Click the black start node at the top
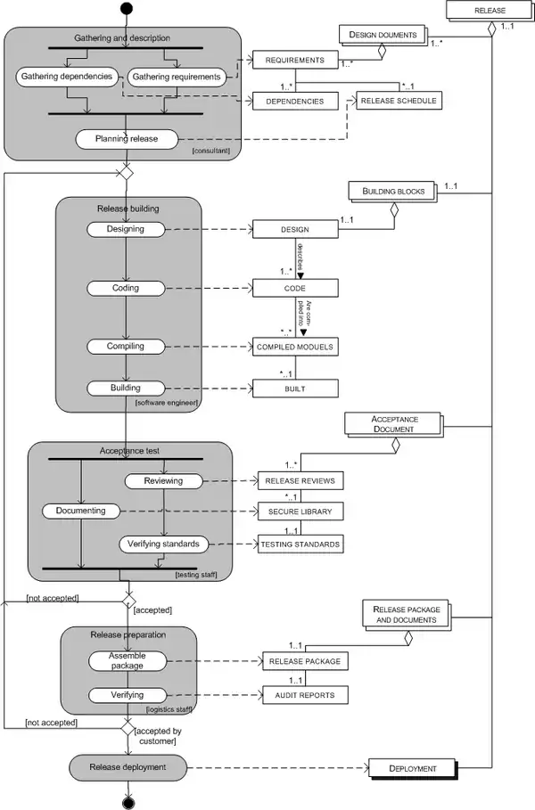[127, 9]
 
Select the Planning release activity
[126, 139]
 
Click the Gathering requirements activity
[177, 78]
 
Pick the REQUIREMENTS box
[295, 61]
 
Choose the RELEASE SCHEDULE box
[399, 101]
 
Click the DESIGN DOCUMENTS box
[383, 35]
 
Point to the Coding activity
[126, 288]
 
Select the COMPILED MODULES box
[295, 345]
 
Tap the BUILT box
[295, 388]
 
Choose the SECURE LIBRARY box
[300, 511]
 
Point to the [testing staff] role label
[196, 575]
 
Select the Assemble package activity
[127, 660]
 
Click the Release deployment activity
[126, 765]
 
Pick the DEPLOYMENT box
[412, 767]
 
